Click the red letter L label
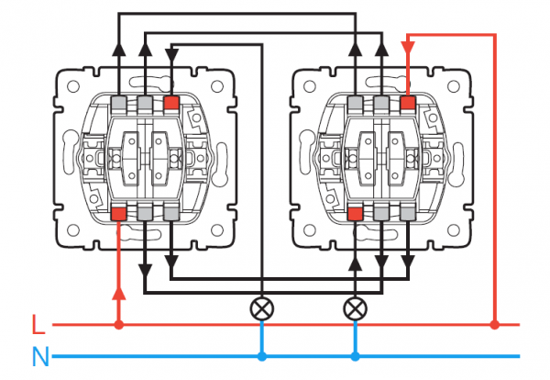coord(38,324)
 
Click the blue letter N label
coord(40,356)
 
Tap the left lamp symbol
coord(261,309)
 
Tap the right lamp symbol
coord(355,309)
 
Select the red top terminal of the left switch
coord(171,103)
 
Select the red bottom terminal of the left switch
coord(118,213)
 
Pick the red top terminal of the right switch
coord(408,103)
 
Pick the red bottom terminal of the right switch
coord(355,213)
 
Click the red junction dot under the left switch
coord(119,325)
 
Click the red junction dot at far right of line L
coord(495,325)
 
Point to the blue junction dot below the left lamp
coord(261,357)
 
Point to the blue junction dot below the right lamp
coord(355,357)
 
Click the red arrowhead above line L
coord(119,294)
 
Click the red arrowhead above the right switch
coord(408,48)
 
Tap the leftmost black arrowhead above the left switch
coord(119,50)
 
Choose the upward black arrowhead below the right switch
coord(355,264)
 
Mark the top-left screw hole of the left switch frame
coord(73,86)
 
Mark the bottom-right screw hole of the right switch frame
coord(453,230)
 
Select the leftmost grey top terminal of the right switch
coord(355,104)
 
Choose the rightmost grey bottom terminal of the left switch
coord(171,213)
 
